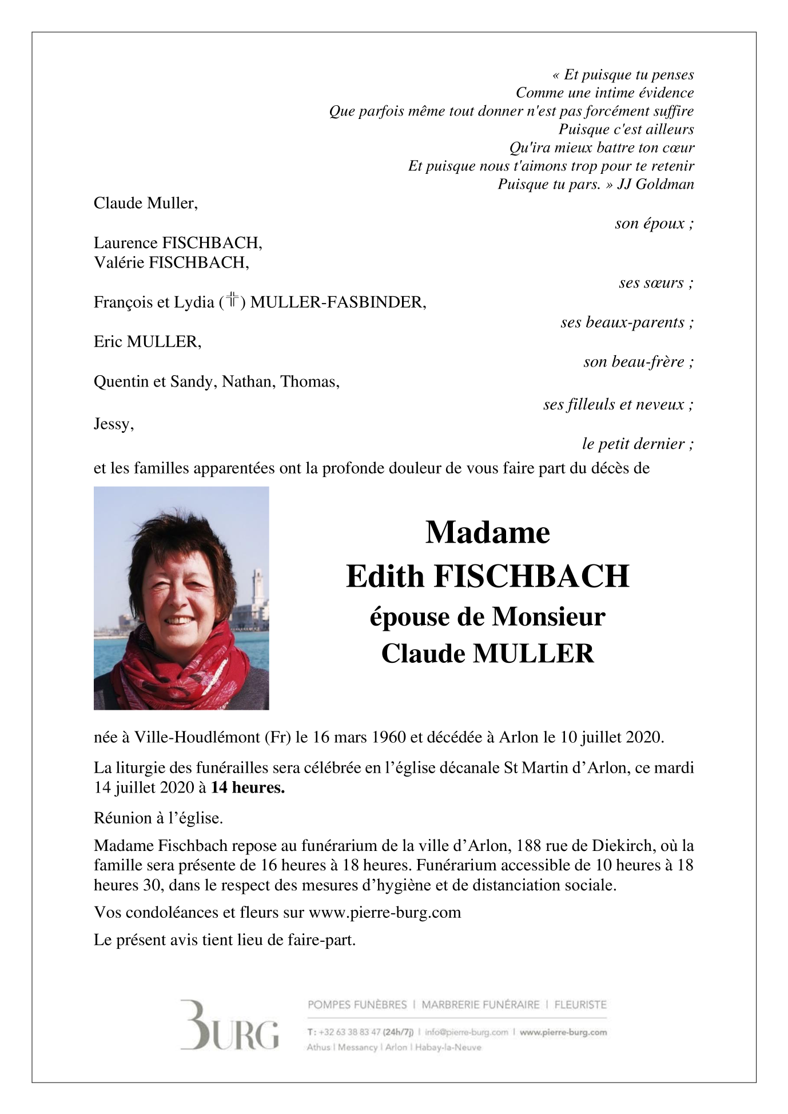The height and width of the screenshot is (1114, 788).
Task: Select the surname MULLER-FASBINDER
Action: coord(337,302)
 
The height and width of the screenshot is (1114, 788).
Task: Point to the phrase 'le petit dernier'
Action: coord(633,444)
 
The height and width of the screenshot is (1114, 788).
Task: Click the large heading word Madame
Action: coord(487,532)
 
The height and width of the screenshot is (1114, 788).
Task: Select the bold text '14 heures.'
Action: coord(248,787)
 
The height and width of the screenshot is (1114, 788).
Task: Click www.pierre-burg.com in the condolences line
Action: coord(384,912)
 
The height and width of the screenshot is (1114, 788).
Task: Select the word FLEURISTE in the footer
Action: coord(580,1004)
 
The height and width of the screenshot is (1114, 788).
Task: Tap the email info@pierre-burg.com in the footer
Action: coord(466,1032)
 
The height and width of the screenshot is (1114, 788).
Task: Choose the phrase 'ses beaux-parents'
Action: coord(622,323)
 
